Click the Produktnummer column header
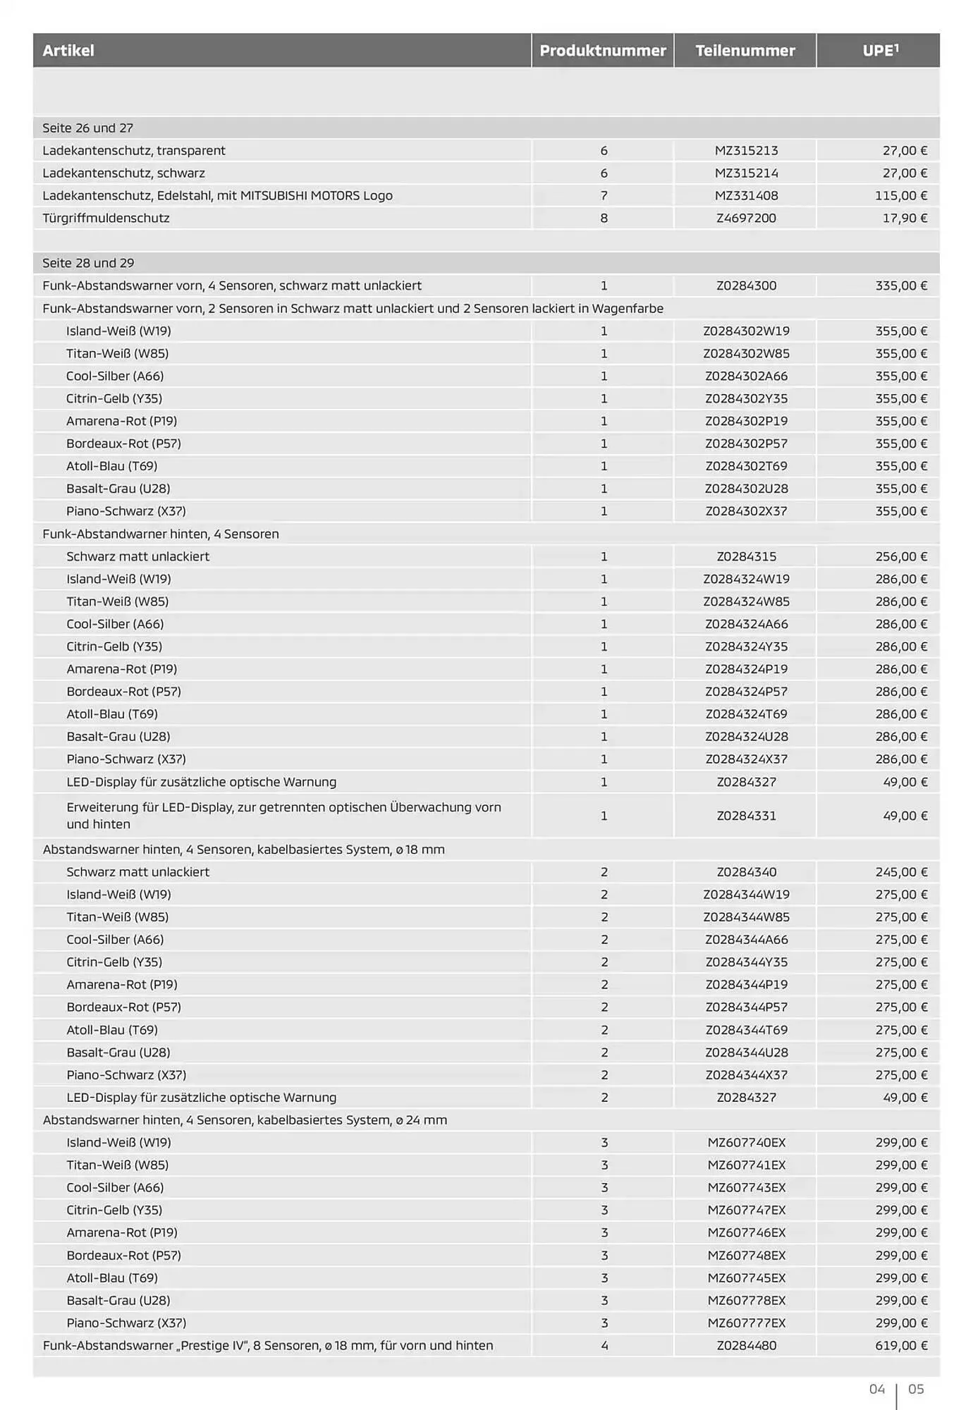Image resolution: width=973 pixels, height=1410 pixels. tap(603, 51)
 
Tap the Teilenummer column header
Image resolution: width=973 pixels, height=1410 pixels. tap(745, 51)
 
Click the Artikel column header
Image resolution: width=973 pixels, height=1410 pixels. tap(68, 51)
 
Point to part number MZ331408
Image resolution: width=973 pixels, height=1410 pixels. tap(746, 196)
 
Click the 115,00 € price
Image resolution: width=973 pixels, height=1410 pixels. tap(901, 196)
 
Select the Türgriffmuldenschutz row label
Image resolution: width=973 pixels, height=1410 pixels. tap(106, 219)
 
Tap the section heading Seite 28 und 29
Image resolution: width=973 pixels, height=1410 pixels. tap(88, 263)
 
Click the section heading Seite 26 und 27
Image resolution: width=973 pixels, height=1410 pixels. tap(87, 128)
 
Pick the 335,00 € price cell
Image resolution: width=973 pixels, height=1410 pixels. tap(901, 286)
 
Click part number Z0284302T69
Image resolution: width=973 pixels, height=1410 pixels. tap(746, 467)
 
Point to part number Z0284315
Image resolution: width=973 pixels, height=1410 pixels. tap(746, 557)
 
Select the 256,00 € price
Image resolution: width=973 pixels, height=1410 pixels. tap(901, 557)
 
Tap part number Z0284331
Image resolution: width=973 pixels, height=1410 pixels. tap(746, 816)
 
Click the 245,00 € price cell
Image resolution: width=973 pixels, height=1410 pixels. tap(901, 873)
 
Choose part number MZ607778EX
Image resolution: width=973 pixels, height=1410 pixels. tap(746, 1301)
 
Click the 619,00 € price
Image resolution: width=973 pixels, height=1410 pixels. tap(901, 1346)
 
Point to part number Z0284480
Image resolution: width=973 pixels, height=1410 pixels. tap(746, 1346)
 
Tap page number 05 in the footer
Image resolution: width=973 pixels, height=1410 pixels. tap(916, 1390)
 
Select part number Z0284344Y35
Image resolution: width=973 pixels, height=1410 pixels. tap(746, 963)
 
